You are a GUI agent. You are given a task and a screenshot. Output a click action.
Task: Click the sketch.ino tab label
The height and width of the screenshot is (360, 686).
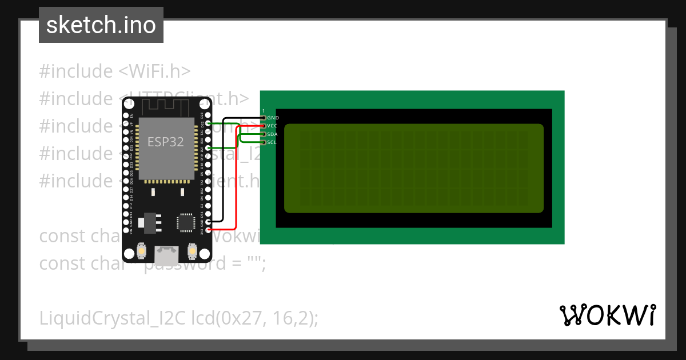[x=101, y=25]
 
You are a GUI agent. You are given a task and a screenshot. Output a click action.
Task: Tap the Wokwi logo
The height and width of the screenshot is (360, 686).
[x=607, y=315]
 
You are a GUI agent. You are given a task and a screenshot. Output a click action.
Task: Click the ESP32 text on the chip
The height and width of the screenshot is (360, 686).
[x=166, y=142]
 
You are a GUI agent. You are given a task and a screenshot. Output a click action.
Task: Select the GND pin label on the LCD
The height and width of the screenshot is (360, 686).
[x=273, y=118]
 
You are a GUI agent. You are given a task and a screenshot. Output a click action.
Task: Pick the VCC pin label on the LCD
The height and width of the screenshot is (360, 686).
[x=272, y=126]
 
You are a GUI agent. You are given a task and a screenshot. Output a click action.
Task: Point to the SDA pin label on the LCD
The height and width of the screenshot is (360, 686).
[x=272, y=134]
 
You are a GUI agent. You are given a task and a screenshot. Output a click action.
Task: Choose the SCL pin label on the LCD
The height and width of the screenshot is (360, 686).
[x=272, y=142]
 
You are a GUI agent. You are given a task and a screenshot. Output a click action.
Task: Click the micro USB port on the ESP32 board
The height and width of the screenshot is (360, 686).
[x=167, y=252]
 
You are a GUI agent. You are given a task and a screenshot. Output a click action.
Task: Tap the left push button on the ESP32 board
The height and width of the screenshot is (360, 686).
[x=142, y=250]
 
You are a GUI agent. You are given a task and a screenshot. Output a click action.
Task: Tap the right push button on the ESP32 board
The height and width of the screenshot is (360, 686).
[x=192, y=250]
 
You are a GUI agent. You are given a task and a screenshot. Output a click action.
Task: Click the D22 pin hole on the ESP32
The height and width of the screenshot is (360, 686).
[x=208, y=123]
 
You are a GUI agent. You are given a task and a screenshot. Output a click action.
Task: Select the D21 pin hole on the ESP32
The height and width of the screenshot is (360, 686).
[x=208, y=147]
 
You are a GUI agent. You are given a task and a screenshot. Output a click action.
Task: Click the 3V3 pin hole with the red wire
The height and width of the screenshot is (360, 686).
[x=208, y=230]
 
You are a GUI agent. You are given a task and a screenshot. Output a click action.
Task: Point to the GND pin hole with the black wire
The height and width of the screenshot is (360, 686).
[x=208, y=221]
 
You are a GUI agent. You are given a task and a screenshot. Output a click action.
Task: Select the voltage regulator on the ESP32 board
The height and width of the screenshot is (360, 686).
[x=150, y=222]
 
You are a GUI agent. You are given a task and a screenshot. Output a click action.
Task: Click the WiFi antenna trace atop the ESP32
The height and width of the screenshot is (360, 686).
[x=166, y=106]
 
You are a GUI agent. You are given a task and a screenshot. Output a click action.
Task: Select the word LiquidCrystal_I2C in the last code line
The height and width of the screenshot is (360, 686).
[x=112, y=318]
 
